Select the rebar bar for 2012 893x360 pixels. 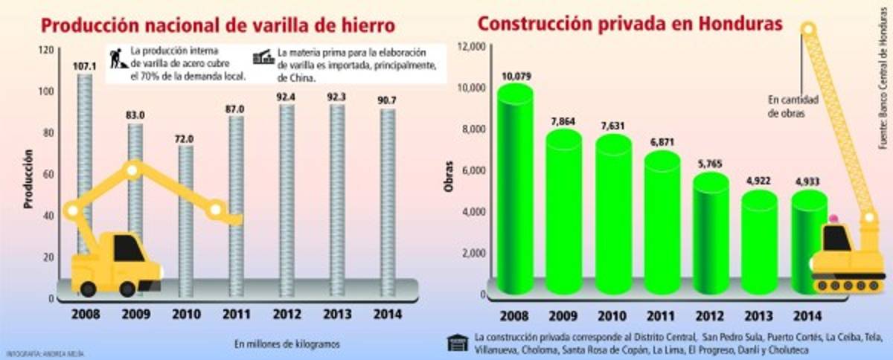[x=287, y=193]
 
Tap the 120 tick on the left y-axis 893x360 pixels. [x=45, y=50]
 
